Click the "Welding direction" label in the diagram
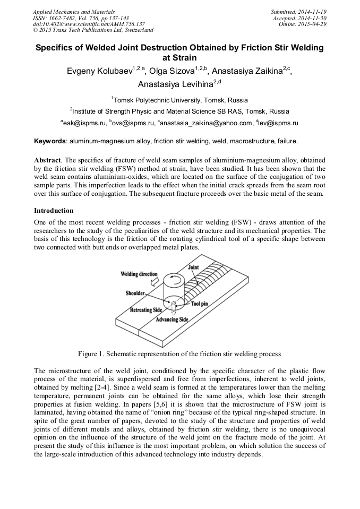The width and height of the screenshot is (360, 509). point(139,274)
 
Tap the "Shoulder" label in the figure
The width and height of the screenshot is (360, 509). point(136,293)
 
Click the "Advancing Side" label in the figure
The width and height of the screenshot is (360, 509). point(172,320)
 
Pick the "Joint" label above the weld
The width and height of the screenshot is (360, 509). point(193,268)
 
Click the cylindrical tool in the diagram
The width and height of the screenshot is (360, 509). point(174,290)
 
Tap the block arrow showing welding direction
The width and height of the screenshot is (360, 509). point(155,283)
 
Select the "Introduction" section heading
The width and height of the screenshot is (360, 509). point(53,211)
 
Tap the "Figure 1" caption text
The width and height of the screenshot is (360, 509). point(179,353)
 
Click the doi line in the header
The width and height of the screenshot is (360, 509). point(89,24)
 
